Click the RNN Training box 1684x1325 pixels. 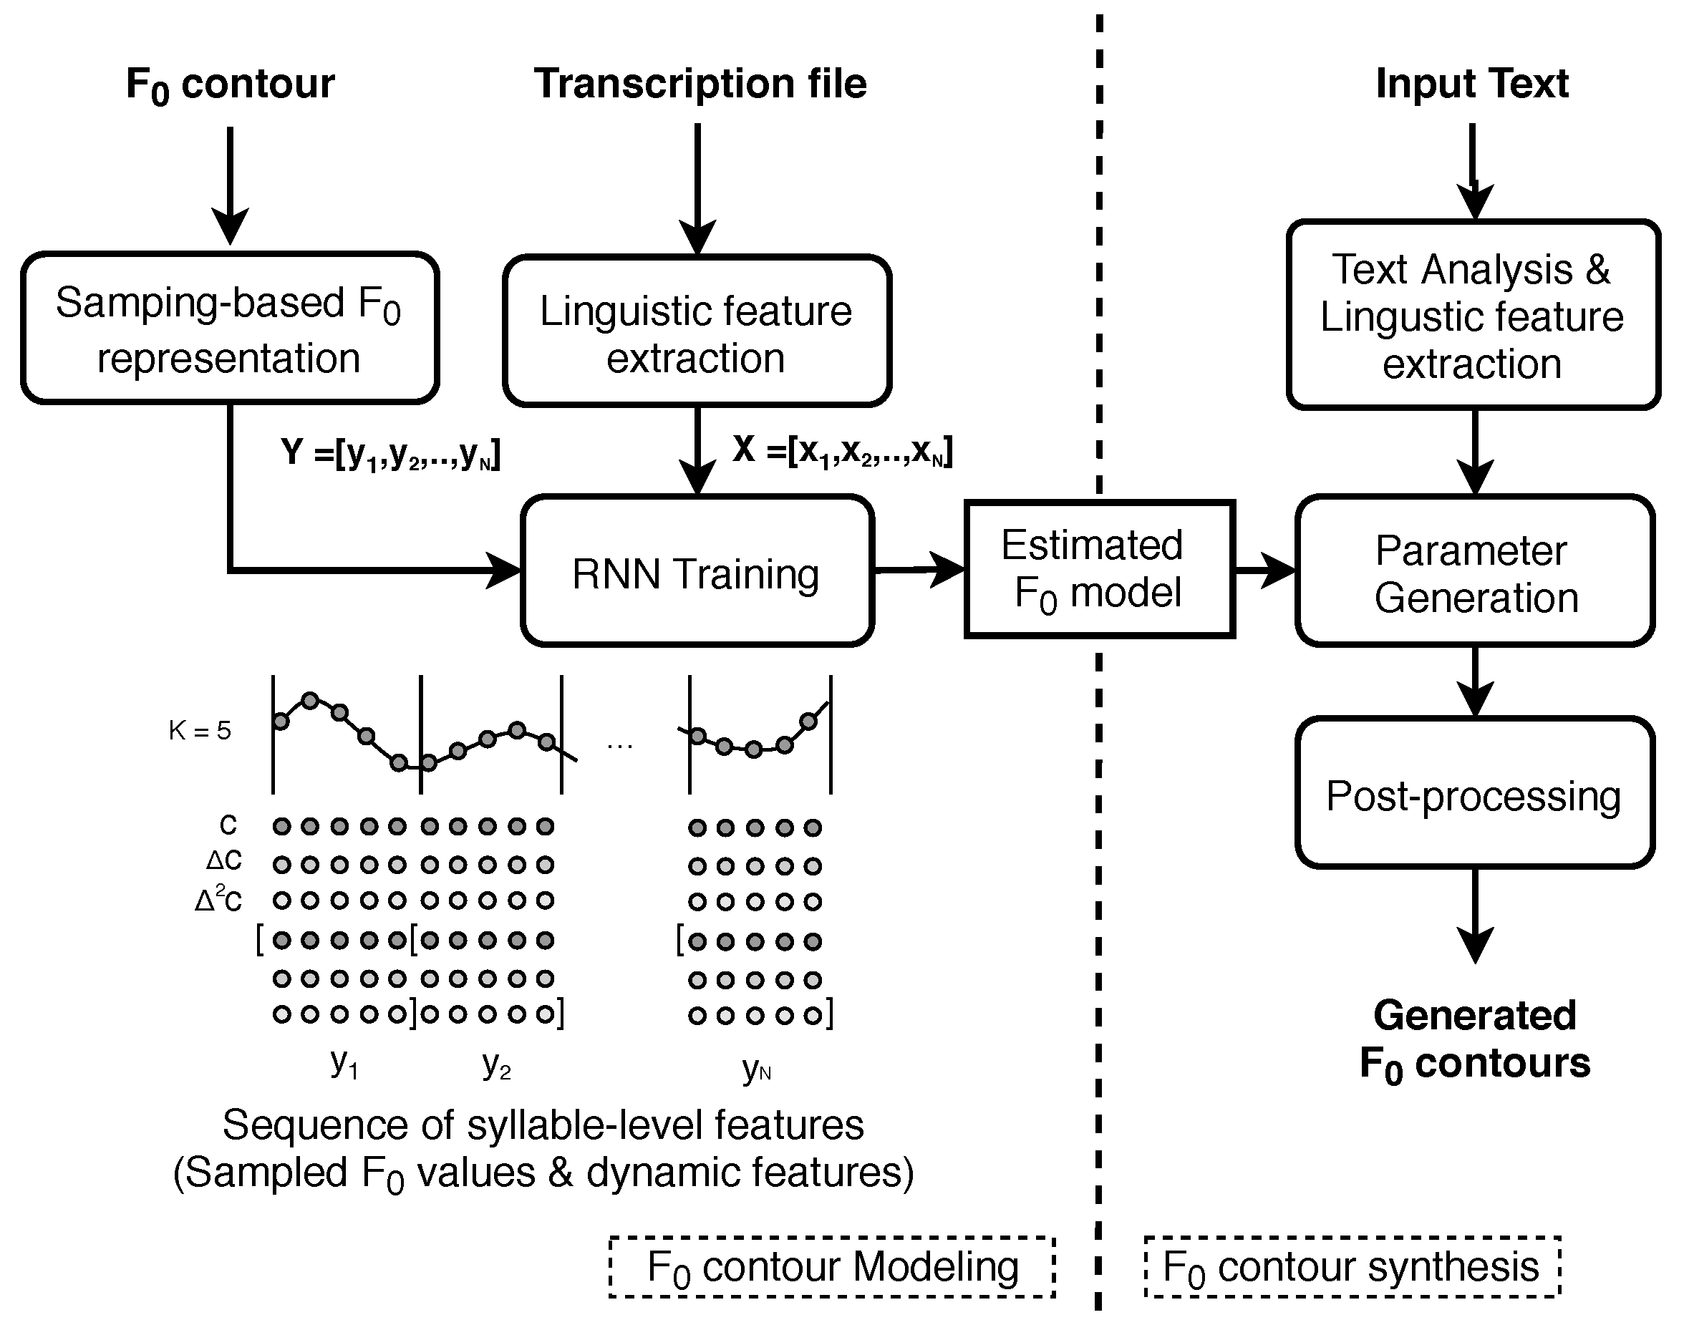[697, 571]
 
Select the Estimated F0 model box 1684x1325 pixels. [1100, 569]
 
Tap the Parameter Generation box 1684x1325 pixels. [1475, 571]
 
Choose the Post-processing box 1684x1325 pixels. [1475, 793]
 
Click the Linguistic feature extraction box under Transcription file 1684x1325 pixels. [697, 331]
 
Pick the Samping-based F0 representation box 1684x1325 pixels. [230, 328]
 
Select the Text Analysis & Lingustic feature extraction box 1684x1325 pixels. [1473, 315]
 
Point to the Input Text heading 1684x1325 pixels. [1472, 83]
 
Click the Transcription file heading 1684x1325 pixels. [700, 83]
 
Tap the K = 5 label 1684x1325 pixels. [200, 730]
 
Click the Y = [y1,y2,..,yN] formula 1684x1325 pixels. [390, 453]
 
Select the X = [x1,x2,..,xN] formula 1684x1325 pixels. [843, 451]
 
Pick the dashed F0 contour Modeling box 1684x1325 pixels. [832, 1267]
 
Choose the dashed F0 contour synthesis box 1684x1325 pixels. [1352, 1267]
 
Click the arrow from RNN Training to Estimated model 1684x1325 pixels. [920, 571]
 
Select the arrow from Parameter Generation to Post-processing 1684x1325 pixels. [1475, 682]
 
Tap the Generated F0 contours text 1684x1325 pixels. [1474, 1040]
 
